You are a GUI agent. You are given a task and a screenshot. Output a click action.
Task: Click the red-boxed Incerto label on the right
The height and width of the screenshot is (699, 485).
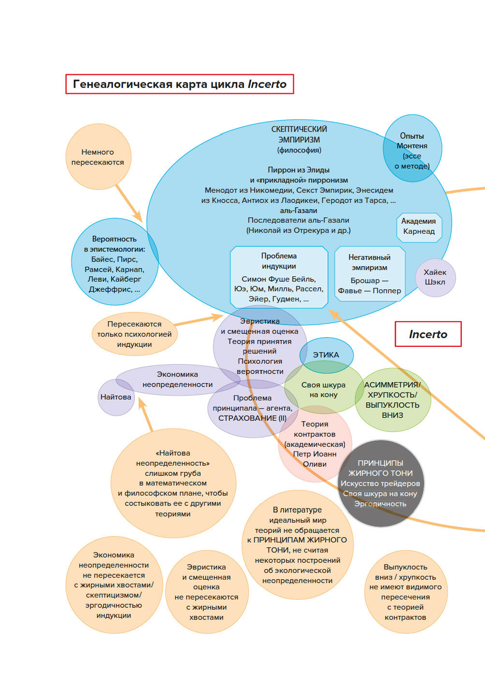(x=428, y=334)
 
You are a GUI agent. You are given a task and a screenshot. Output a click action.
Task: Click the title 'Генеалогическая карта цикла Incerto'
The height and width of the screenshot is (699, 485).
(x=179, y=84)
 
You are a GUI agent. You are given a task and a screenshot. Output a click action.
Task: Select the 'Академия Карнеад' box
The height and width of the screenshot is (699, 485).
(x=419, y=227)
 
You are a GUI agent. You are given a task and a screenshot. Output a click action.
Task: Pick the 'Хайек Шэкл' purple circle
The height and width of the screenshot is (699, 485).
(x=435, y=277)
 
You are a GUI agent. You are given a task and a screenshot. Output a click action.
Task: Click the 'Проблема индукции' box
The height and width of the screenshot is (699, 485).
(x=279, y=277)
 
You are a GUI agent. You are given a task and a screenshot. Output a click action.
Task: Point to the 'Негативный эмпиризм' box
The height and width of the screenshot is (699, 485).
(x=370, y=274)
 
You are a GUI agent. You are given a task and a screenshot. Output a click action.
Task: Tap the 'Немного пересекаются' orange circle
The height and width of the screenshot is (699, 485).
(x=98, y=157)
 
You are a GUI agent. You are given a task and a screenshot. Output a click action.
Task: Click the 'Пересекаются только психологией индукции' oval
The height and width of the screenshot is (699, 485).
(x=134, y=334)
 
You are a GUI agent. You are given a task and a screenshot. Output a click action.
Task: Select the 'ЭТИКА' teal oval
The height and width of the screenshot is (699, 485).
(x=326, y=355)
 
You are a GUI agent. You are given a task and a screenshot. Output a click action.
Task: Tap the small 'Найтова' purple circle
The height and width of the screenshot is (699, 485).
(x=115, y=397)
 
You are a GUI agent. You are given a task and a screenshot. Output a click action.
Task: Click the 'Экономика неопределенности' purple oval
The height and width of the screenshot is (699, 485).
(x=178, y=379)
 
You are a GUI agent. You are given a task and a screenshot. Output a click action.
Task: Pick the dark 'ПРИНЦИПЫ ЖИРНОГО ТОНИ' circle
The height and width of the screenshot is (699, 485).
(x=381, y=483)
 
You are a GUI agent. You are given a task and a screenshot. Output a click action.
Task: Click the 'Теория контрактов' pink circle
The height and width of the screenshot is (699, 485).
(x=315, y=444)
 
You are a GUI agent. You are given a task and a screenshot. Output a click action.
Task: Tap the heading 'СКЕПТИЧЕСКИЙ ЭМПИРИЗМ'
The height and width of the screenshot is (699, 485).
(x=299, y=134)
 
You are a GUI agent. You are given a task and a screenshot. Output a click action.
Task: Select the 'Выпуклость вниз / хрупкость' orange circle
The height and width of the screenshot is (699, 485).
(x=405, y=592)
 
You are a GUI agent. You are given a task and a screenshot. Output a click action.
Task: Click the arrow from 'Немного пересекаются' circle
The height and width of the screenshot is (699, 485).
(x=129, y=204)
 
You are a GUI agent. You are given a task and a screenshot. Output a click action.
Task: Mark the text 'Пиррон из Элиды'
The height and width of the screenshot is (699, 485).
(x=299, y=170)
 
